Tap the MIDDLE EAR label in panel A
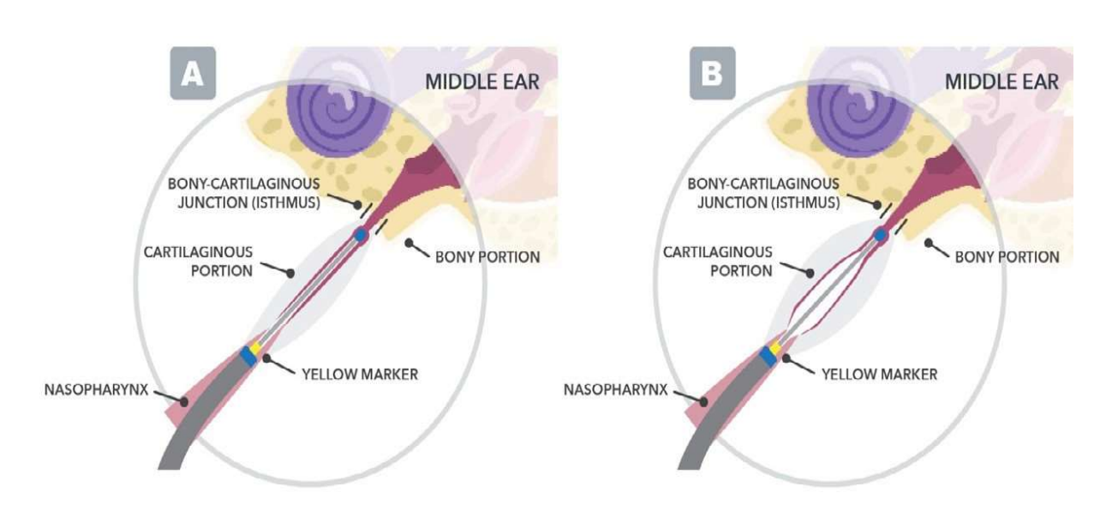point(482,82)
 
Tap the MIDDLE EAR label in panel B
point(1001,82)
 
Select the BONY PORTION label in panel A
point(487,256)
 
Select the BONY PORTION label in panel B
point(1007,256)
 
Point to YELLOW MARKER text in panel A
point(359,374)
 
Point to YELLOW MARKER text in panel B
point(879,374)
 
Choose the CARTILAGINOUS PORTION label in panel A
point(199,262)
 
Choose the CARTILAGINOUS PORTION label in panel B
point(718,262)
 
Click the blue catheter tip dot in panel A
point(361,234)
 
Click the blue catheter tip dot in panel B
point(880,234)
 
